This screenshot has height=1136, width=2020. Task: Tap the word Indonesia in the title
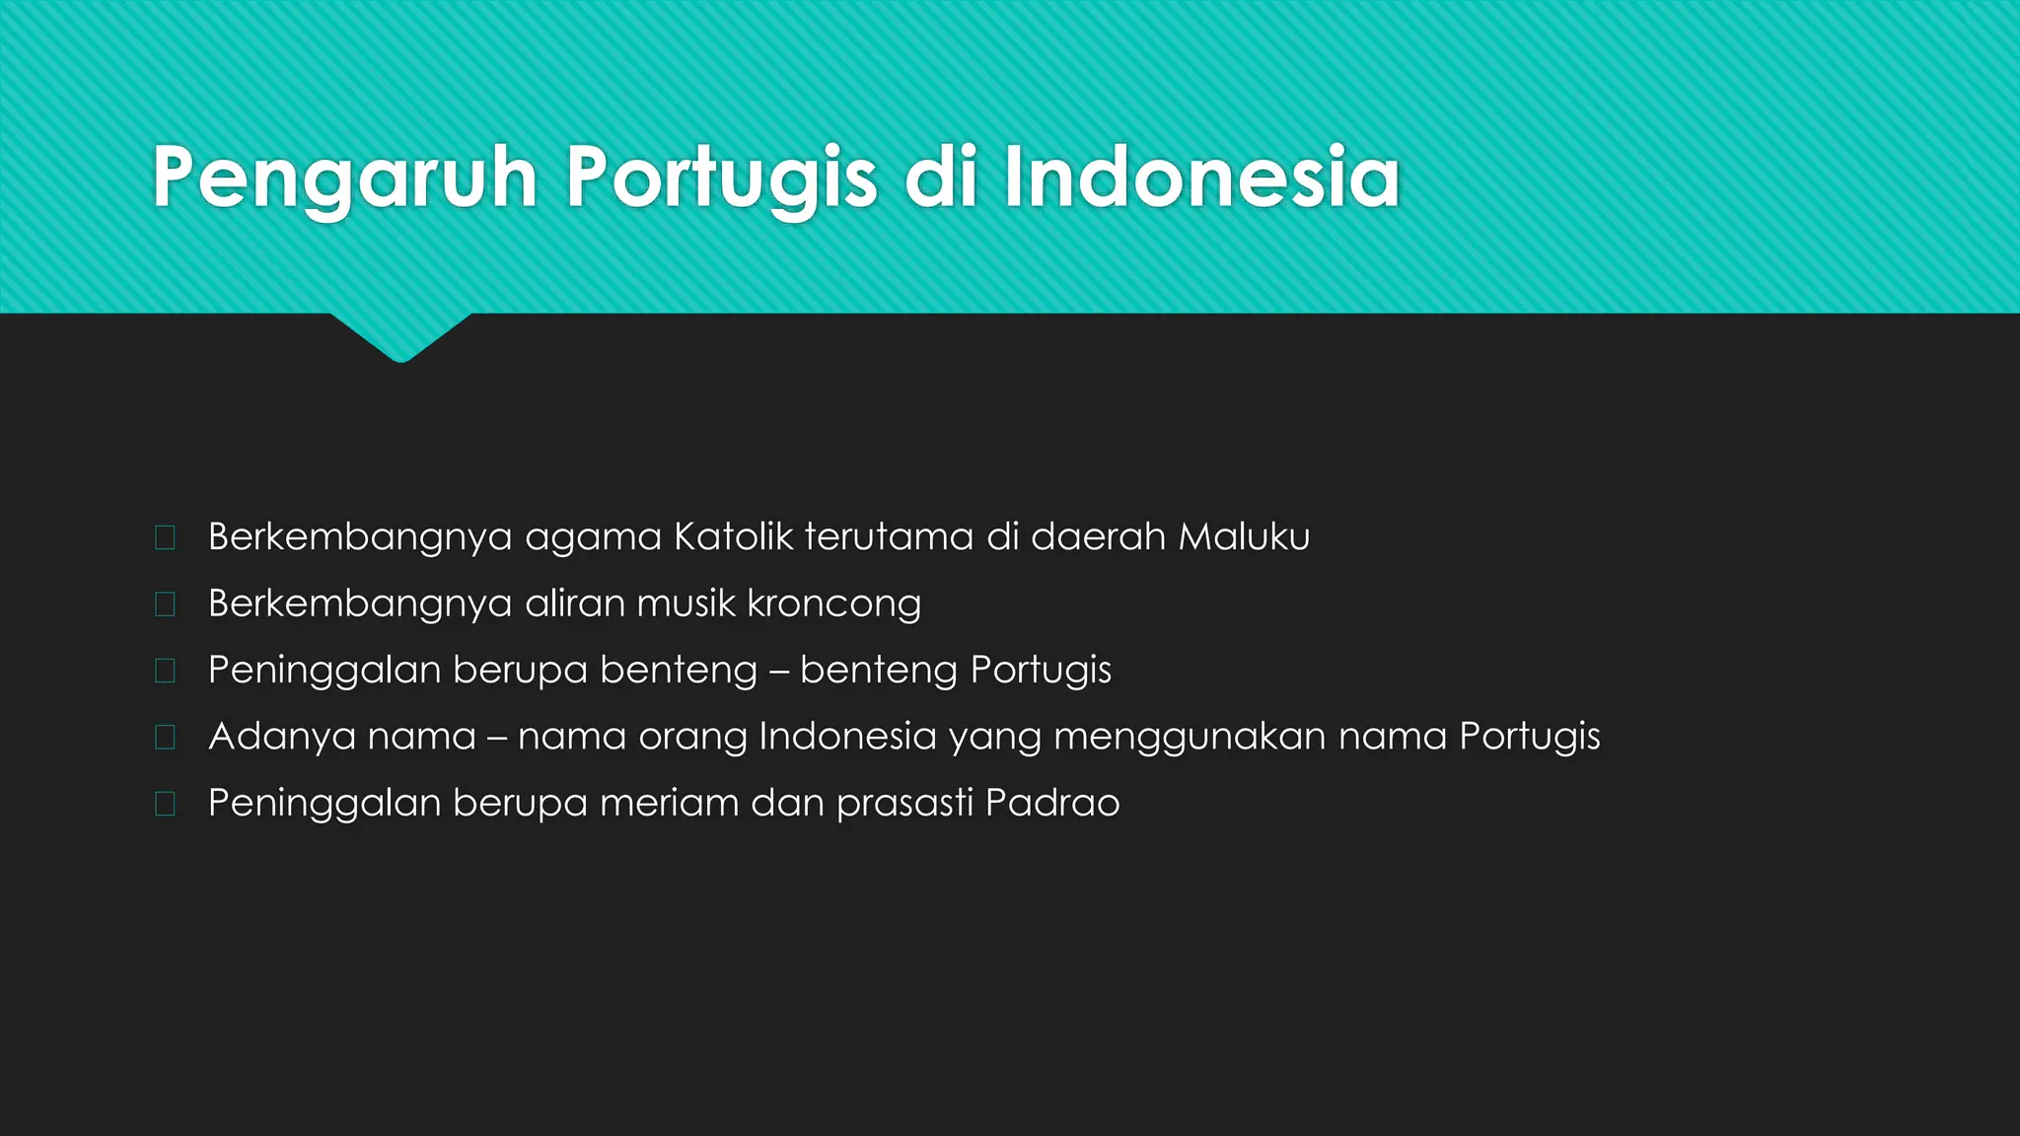click(x=1201, y=177)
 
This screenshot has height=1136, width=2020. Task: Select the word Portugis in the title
click(x=721, y=177)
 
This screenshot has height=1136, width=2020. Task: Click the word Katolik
click(x=733, y=537)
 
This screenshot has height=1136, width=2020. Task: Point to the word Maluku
click(x=1244, y=537)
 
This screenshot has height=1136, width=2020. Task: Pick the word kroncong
click(x=833, y=603)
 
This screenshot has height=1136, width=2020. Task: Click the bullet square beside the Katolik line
click(x=165, y=537)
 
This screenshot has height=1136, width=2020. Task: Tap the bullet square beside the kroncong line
click(x=165, y=603)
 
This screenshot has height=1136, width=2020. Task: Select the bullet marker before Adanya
click(x=165, y=737)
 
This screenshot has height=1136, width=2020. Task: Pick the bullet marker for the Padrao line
click(x=165, y=803)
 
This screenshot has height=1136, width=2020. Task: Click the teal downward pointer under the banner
click(x=400, y=336)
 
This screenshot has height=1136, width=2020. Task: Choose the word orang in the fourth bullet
click(x=693, y=737)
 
